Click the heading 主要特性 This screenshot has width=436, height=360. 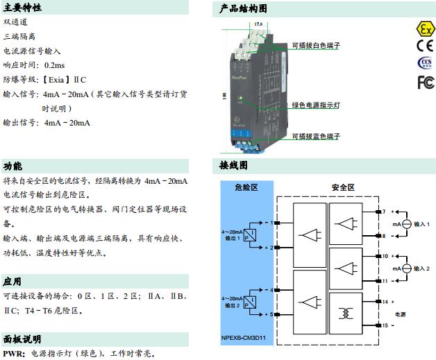(x=22, y=8)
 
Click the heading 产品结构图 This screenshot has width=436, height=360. (x=243, y=8)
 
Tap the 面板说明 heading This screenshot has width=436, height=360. (x=22, y=339)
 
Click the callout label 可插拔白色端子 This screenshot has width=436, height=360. (x=316, y=46)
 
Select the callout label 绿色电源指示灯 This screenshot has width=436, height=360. (x=316, y=105)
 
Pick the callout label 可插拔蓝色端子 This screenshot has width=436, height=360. (x=316, y=137)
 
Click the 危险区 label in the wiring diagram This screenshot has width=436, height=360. (x=246, y=187)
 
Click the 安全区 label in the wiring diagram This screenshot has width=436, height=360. (x=343, y=187)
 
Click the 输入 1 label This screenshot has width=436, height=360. (x=422, y=224)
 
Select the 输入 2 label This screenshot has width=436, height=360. (x=422, y=268)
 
